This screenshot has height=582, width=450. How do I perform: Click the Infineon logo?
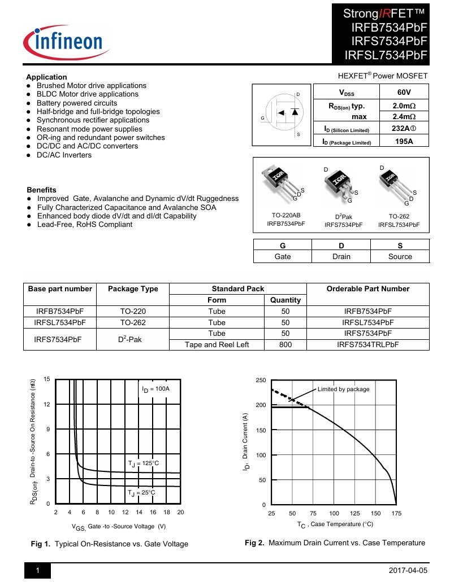pyautogui.click(x=63, y=41)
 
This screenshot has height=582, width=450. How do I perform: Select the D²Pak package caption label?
pyautogui.click(x=343, y=217)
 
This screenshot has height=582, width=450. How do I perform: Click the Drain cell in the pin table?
pyautogui.click(x=341, y=256)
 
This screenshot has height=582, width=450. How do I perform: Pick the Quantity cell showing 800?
pyautogui.click(x=285, y=344)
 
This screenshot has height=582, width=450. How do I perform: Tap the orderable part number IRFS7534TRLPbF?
pyautogui.click(x=368, y=344)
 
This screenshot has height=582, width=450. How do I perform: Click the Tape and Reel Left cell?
pyautogui.click(x=217, y=344)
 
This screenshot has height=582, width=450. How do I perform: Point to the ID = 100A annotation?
pyautogui.click(x=156, y=389)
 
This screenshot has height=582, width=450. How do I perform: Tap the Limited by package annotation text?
pyautogui.click(x=343, y=389)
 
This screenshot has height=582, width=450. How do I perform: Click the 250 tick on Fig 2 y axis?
pyautogui.click(x=260, y=380)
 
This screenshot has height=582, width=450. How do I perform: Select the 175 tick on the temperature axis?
pyautogui.click(x=396, y=513)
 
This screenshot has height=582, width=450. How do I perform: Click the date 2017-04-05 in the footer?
pyautogui.click(x=408, y=571)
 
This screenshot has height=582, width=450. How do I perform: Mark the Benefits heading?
pyautogui.click(x=41, y=190)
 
